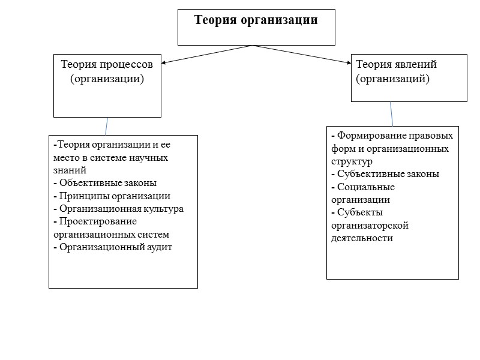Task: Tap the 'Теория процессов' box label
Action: [x=107, y=64]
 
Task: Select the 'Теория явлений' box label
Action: [x=397, y=64]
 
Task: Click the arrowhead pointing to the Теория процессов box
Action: [x=165, y=62]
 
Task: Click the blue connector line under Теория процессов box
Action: [x=107, y=126]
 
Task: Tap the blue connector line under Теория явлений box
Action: [x=391, y=113]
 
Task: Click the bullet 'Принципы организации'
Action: [x=114, y=196]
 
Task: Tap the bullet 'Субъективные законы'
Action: [x=388, y=174]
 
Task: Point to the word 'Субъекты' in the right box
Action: [x=360, y=212]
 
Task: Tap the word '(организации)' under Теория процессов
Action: [x=107, y=79]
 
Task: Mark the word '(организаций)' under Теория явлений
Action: [x=393, y=79]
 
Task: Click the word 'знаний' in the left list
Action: [x=70, y=170]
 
